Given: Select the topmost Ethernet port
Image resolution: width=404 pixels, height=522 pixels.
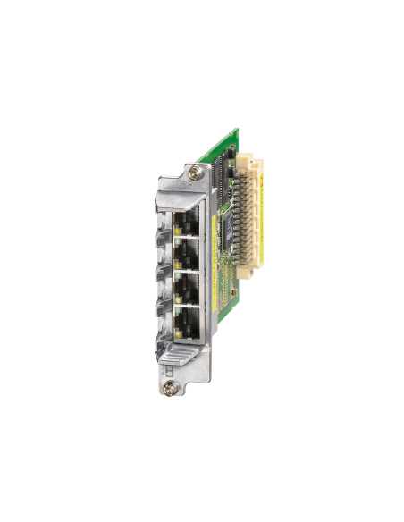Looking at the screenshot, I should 188,220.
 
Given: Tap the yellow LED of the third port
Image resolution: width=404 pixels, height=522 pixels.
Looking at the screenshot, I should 176,302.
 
